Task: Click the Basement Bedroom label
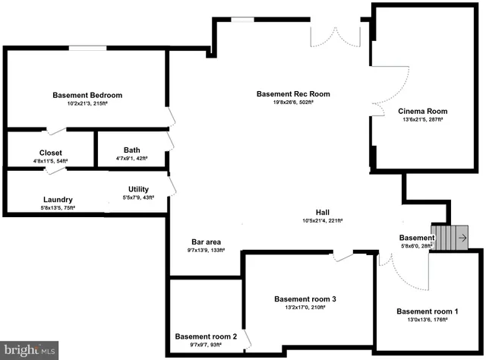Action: [87, 96]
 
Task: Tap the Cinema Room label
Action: [423, 112]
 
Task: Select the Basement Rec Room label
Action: [292, 94]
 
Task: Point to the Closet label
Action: [51, 153]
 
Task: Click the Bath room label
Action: [131, 150]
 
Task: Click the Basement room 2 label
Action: [206, 336]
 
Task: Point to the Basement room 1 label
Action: [428, 311]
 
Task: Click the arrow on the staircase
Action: [462, 236]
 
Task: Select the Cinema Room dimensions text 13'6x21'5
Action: [423, 120]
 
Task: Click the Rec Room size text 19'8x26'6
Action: [292, 103]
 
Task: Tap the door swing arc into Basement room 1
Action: [406, 277]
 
